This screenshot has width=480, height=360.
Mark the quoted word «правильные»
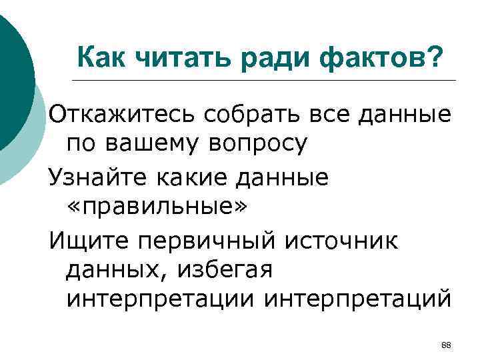click(x=157, y=205)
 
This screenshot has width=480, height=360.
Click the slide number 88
click(x=447, y=345)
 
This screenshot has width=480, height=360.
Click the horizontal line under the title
click(x=267, y=81)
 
